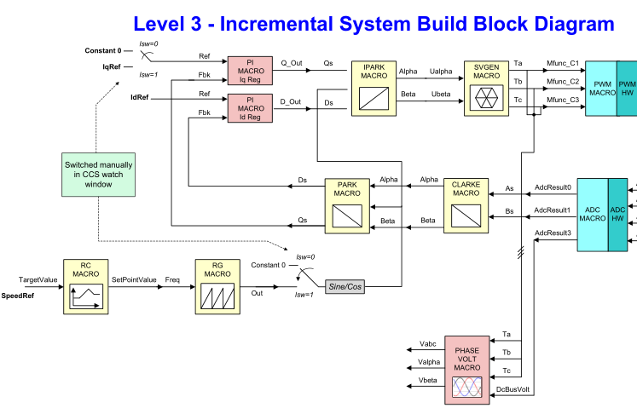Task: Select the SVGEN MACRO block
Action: pyautogui.click(x=487, y=88)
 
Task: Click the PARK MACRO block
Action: pyautogui.click(x=347, y=207)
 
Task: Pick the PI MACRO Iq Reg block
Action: pyautogui.click(x=250, y=71)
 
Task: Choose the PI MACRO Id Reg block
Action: pyautogui.click(x=250, y=108)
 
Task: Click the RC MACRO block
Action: pyautogui.click(x=86, y=285)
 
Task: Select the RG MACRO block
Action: pyautogui.click(x=217, y=285)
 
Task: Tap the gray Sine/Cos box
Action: pyautogui.click(x=345, y=287)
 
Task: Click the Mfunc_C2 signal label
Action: pyautogui.click(x=563, y=82)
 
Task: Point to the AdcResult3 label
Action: pyautogui.click(x=552, y=233)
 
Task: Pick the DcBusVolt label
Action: pyautogui.click(x=513, y=388)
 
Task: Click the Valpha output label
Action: pyautogui.click(x=430, y=362)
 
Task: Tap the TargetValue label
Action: pyautogui.click(x=38, y=279)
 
